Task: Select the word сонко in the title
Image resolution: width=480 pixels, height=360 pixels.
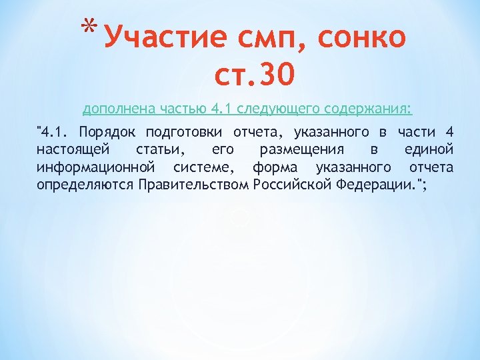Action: point(363,37)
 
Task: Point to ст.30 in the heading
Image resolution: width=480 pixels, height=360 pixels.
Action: point(253,75)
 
